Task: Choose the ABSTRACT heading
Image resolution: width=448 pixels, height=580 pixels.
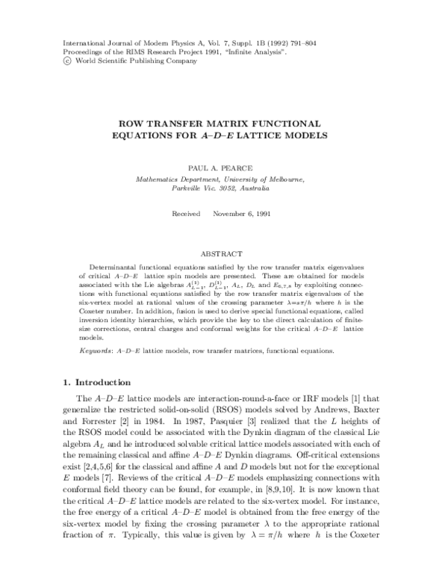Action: click(225, 254)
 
